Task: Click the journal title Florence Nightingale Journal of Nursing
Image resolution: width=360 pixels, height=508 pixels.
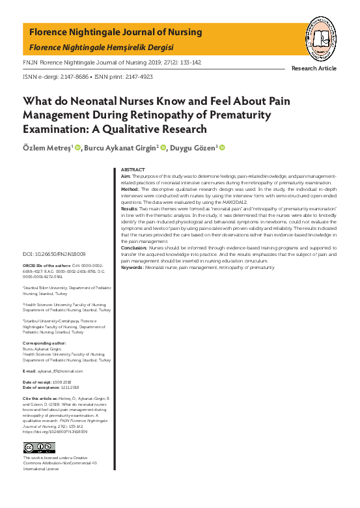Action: point(116,32)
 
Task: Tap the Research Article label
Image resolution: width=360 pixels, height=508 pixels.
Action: point(314,68)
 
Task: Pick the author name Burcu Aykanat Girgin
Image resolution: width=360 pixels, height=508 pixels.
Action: point(122,148)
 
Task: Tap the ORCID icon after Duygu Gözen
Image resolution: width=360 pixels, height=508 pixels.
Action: point(222,148)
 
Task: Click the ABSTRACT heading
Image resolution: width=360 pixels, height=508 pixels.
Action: point(133,170)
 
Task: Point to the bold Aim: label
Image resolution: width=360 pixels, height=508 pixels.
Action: point(126,176)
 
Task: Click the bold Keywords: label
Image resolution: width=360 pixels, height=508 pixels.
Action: point(133,268)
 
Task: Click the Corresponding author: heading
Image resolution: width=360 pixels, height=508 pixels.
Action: point(45,343)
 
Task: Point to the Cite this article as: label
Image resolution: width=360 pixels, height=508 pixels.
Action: point(44,397)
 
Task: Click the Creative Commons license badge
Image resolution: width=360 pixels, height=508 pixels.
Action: point(39,447)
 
